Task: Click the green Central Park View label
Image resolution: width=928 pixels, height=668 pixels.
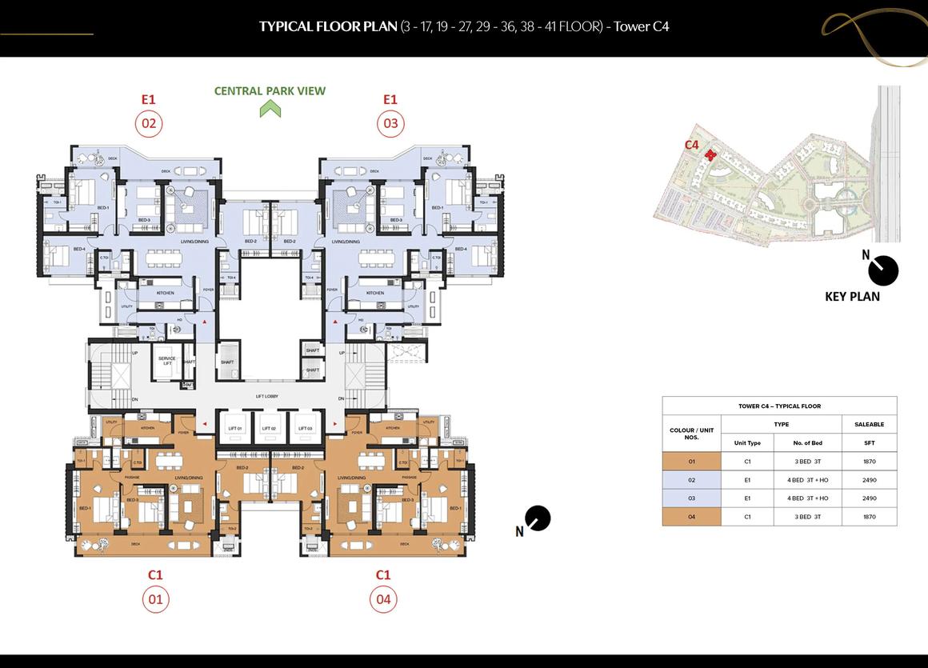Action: coord(270,91)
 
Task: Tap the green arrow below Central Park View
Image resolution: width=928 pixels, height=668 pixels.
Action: coord(270,109)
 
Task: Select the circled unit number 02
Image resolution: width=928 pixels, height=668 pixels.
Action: coord(148,123)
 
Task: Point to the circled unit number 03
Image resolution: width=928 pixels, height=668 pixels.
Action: coord(390,123)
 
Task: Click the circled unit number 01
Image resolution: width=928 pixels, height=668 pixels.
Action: coord(155,599)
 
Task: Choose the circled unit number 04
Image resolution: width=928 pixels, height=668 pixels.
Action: coord(383,599)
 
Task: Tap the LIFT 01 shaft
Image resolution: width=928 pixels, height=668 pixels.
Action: coord(234,427)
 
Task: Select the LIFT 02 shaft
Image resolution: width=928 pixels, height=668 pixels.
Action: coord(270,427)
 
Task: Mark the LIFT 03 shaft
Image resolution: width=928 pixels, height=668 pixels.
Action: coord(305,427)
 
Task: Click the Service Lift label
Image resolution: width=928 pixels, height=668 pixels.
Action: coord(167,361)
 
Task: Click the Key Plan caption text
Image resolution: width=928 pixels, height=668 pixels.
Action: coord(852,297)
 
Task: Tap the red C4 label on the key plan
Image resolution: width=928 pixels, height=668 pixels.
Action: coord(692,145)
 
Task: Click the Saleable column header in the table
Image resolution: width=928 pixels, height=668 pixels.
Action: coord(869,424)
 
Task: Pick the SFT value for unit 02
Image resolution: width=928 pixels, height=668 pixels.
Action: coord(869,480)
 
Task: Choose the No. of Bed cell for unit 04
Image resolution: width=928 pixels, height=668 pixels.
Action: coord(807,517)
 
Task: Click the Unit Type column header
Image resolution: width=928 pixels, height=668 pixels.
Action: coord(747,443)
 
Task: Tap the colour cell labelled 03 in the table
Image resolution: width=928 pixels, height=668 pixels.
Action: coord(692,498)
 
